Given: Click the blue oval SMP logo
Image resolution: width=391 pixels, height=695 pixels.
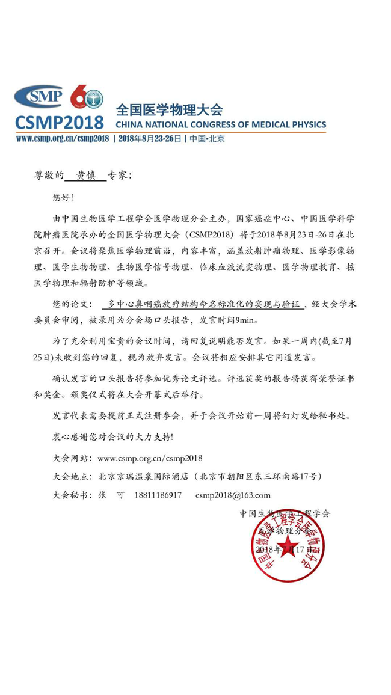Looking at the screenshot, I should coord(38,95).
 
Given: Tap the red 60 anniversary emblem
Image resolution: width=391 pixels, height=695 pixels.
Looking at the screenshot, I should coord(86,96).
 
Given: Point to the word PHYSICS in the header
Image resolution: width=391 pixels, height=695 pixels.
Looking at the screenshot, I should coord(304,125).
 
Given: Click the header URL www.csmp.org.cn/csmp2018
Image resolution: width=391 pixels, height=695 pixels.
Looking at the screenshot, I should coord(62,138).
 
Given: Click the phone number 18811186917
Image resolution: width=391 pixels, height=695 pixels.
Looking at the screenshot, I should coord(157,494).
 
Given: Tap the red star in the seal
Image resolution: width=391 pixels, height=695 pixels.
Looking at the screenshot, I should coord(288,547).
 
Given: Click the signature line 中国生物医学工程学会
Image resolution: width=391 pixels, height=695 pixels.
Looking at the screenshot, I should coord(285,513).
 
